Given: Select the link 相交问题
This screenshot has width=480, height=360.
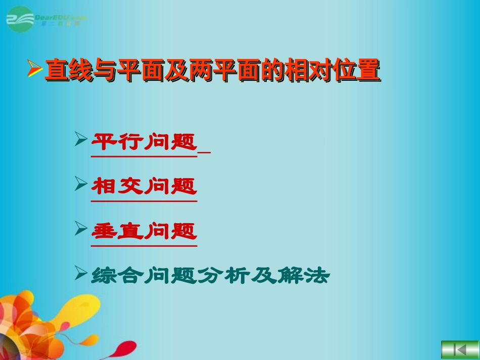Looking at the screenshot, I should point(144,187).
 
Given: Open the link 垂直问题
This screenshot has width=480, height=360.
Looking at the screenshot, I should point(144,232).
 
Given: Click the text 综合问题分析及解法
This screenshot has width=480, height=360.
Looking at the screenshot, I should point(210,276).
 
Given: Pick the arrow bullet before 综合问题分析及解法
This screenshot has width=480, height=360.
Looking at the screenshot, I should point(81,273).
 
